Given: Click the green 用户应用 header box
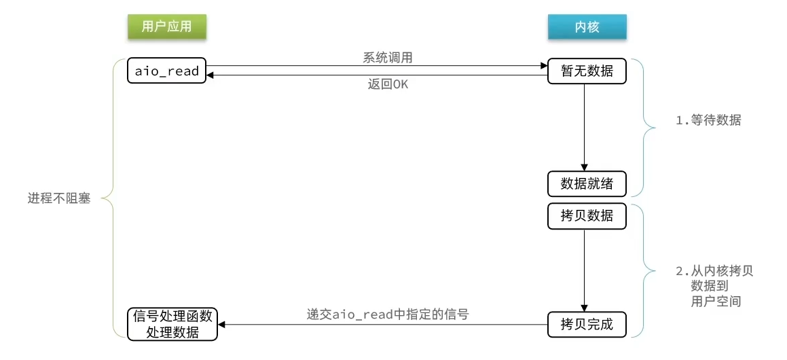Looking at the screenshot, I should [166, 26].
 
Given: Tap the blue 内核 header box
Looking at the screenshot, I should [587, 26].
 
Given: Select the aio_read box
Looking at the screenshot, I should [166, 71].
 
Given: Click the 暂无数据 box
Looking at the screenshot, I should [587, 71].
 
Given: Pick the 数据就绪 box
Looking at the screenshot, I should [587, 183].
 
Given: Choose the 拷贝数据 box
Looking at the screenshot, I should [587, 215].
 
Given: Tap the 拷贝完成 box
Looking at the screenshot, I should [587, 324].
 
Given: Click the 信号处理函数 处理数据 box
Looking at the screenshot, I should [172, 324].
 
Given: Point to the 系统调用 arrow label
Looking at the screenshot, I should [388, 57].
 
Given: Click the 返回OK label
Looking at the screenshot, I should [388, 84].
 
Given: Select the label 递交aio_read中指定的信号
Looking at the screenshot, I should [388, 314].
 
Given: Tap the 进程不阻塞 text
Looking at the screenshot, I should [59, 200].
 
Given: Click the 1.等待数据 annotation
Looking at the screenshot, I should [708, 121].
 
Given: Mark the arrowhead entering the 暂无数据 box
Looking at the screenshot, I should [544, 66].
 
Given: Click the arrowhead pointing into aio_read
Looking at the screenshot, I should [211, 75].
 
